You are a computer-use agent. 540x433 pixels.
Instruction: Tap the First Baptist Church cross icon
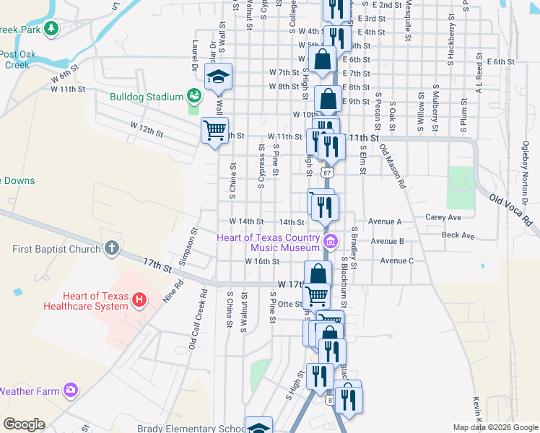(x=111, y=249)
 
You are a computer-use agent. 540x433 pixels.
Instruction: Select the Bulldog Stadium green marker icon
(x=193, y=96)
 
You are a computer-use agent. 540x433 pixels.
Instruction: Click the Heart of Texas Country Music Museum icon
(x=331, y=240)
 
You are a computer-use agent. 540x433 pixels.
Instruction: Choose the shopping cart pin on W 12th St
(x=214, y=131)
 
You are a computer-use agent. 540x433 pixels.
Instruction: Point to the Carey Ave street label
(x=443, y=216)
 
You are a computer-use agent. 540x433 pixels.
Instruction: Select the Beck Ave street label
(x=458, y=235)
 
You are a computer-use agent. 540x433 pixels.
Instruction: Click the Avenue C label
(x=396, y=261)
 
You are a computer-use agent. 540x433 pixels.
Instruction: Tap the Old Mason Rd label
(x=393, y=168)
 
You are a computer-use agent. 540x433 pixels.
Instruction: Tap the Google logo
(x=24, y=424)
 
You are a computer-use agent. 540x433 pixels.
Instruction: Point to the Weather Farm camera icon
(x=70, y=390)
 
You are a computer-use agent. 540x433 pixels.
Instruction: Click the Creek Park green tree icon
(x=51, y=28)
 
